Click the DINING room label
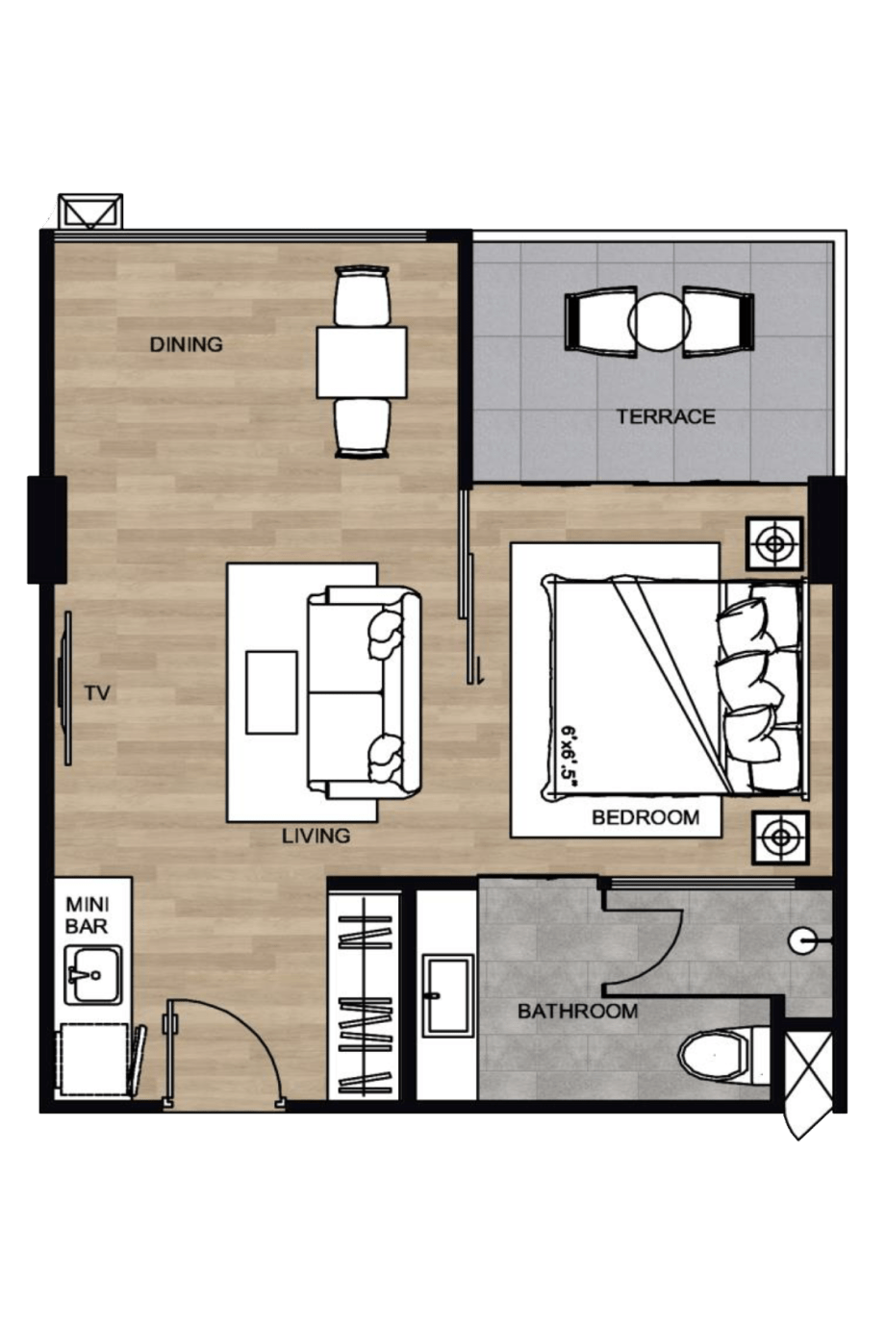click(x=186, y=344)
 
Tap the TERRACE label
click(x=666, y=416)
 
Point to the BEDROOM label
click(x=645, y=817)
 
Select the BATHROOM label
click(x=577, y=1011)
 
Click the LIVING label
click(x=316, y=836)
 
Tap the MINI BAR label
click(x=87, y=915)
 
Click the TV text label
click(x=97, y=692)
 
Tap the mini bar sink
click(x=93, y=974)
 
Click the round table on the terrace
click(x=659, y=323)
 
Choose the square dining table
click(x=362, y=363)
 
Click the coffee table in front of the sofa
click(x=271, y=692)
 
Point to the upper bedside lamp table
click(x=774, y=543)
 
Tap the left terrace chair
click(x=600, y=322)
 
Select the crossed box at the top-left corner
click(x=90, y=212)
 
